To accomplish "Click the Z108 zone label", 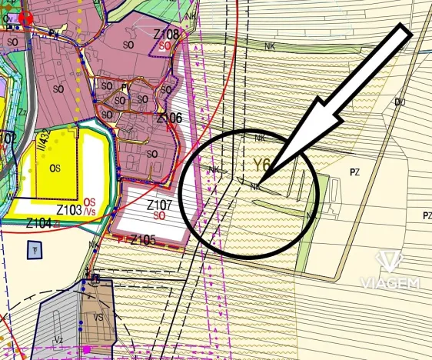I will click(x=167, y=35).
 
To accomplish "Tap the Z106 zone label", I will click(x=169, y=118).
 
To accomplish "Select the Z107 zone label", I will click(x=160, y=205).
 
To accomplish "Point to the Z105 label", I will click(x=144, y=240).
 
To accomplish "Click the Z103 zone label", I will click(x=69, y=209).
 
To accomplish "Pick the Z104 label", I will click(x=39, y=222).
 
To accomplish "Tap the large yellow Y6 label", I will click(x=262, y=165).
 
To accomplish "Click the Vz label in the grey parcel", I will click(x=58, y=338).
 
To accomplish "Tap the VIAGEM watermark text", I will click(x=390, y=283).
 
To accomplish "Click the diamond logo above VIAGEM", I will click(x=390, y=261).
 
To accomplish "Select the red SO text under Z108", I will click(x=164, y=46).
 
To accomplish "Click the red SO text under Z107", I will click(x=160, y=217).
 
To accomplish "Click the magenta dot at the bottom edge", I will click(x=87, y=350).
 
